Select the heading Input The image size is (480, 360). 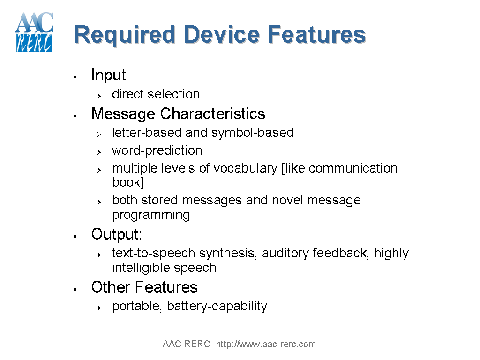tap(108, 75)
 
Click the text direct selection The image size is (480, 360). tap(156, 94)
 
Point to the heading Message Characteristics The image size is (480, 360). tap(178, 114)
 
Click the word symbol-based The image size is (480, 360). tap(252, 133)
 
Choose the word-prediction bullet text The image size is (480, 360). tap(157, 150)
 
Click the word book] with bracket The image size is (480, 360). tap(127, 182)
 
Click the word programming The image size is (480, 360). tap(151, 215)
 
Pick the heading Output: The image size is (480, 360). tap(116, 234)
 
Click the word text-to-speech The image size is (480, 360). tap(154, 254)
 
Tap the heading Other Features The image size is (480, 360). tap(144, 287)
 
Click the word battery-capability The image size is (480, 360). tap(217, 306)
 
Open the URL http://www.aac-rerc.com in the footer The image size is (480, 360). tap(266, 345)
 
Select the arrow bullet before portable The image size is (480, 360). tap(99, 308)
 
